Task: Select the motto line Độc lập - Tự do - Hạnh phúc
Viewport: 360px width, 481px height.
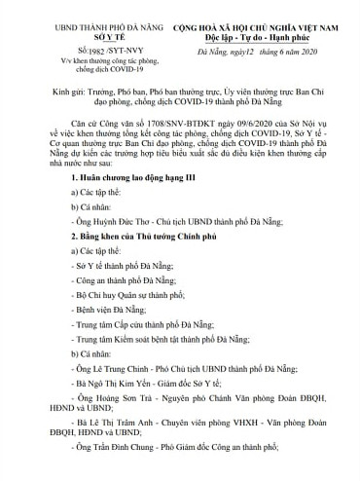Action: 256,24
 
